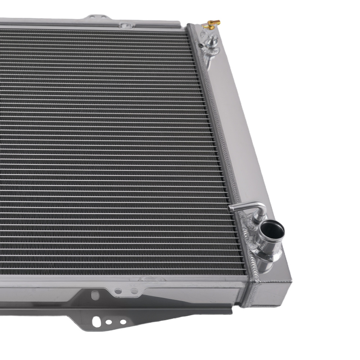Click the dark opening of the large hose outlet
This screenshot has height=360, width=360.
[273, 231]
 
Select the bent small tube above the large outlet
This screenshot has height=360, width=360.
[248, 207]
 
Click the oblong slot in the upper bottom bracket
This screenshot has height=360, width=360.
[95, 295]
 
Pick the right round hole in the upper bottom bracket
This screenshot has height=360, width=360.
[134, 291]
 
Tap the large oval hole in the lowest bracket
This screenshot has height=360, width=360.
[96, 321]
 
